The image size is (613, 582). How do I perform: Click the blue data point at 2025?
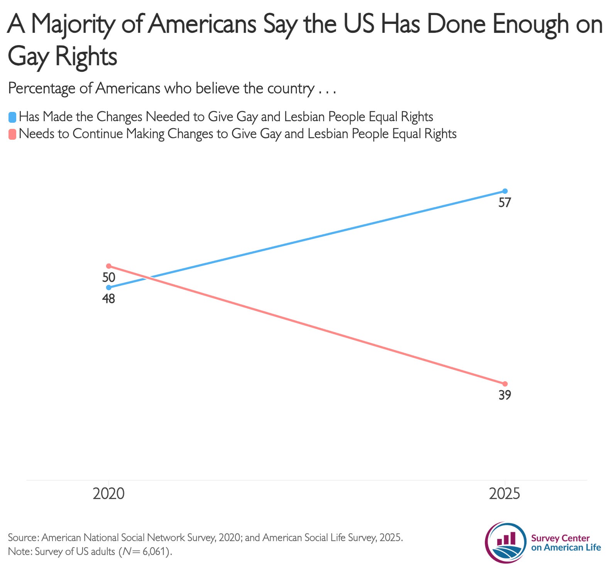coord(505,191)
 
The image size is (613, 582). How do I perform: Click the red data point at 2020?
coord(109,266)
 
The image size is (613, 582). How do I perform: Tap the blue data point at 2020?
coord(109,287)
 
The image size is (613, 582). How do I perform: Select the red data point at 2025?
coord(505,384)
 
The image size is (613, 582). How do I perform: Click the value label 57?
coord(505,203)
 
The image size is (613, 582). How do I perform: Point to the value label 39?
coord(505,395)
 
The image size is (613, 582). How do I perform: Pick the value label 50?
coord(109,277)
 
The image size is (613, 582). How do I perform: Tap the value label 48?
coord(109,299)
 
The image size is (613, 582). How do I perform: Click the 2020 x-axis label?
coord(109,494)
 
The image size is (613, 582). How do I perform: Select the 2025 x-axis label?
coord(505,494)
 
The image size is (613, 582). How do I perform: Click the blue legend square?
coord(12,117)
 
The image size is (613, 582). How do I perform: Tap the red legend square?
coord(12,134)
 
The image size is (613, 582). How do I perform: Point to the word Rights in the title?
coord(86,57)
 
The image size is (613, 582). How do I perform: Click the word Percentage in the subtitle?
coord(42,89)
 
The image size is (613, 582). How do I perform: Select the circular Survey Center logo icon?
coord(506,542)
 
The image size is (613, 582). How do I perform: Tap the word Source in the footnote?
coord(22,538)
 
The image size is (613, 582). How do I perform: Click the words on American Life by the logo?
coord(566,548)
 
